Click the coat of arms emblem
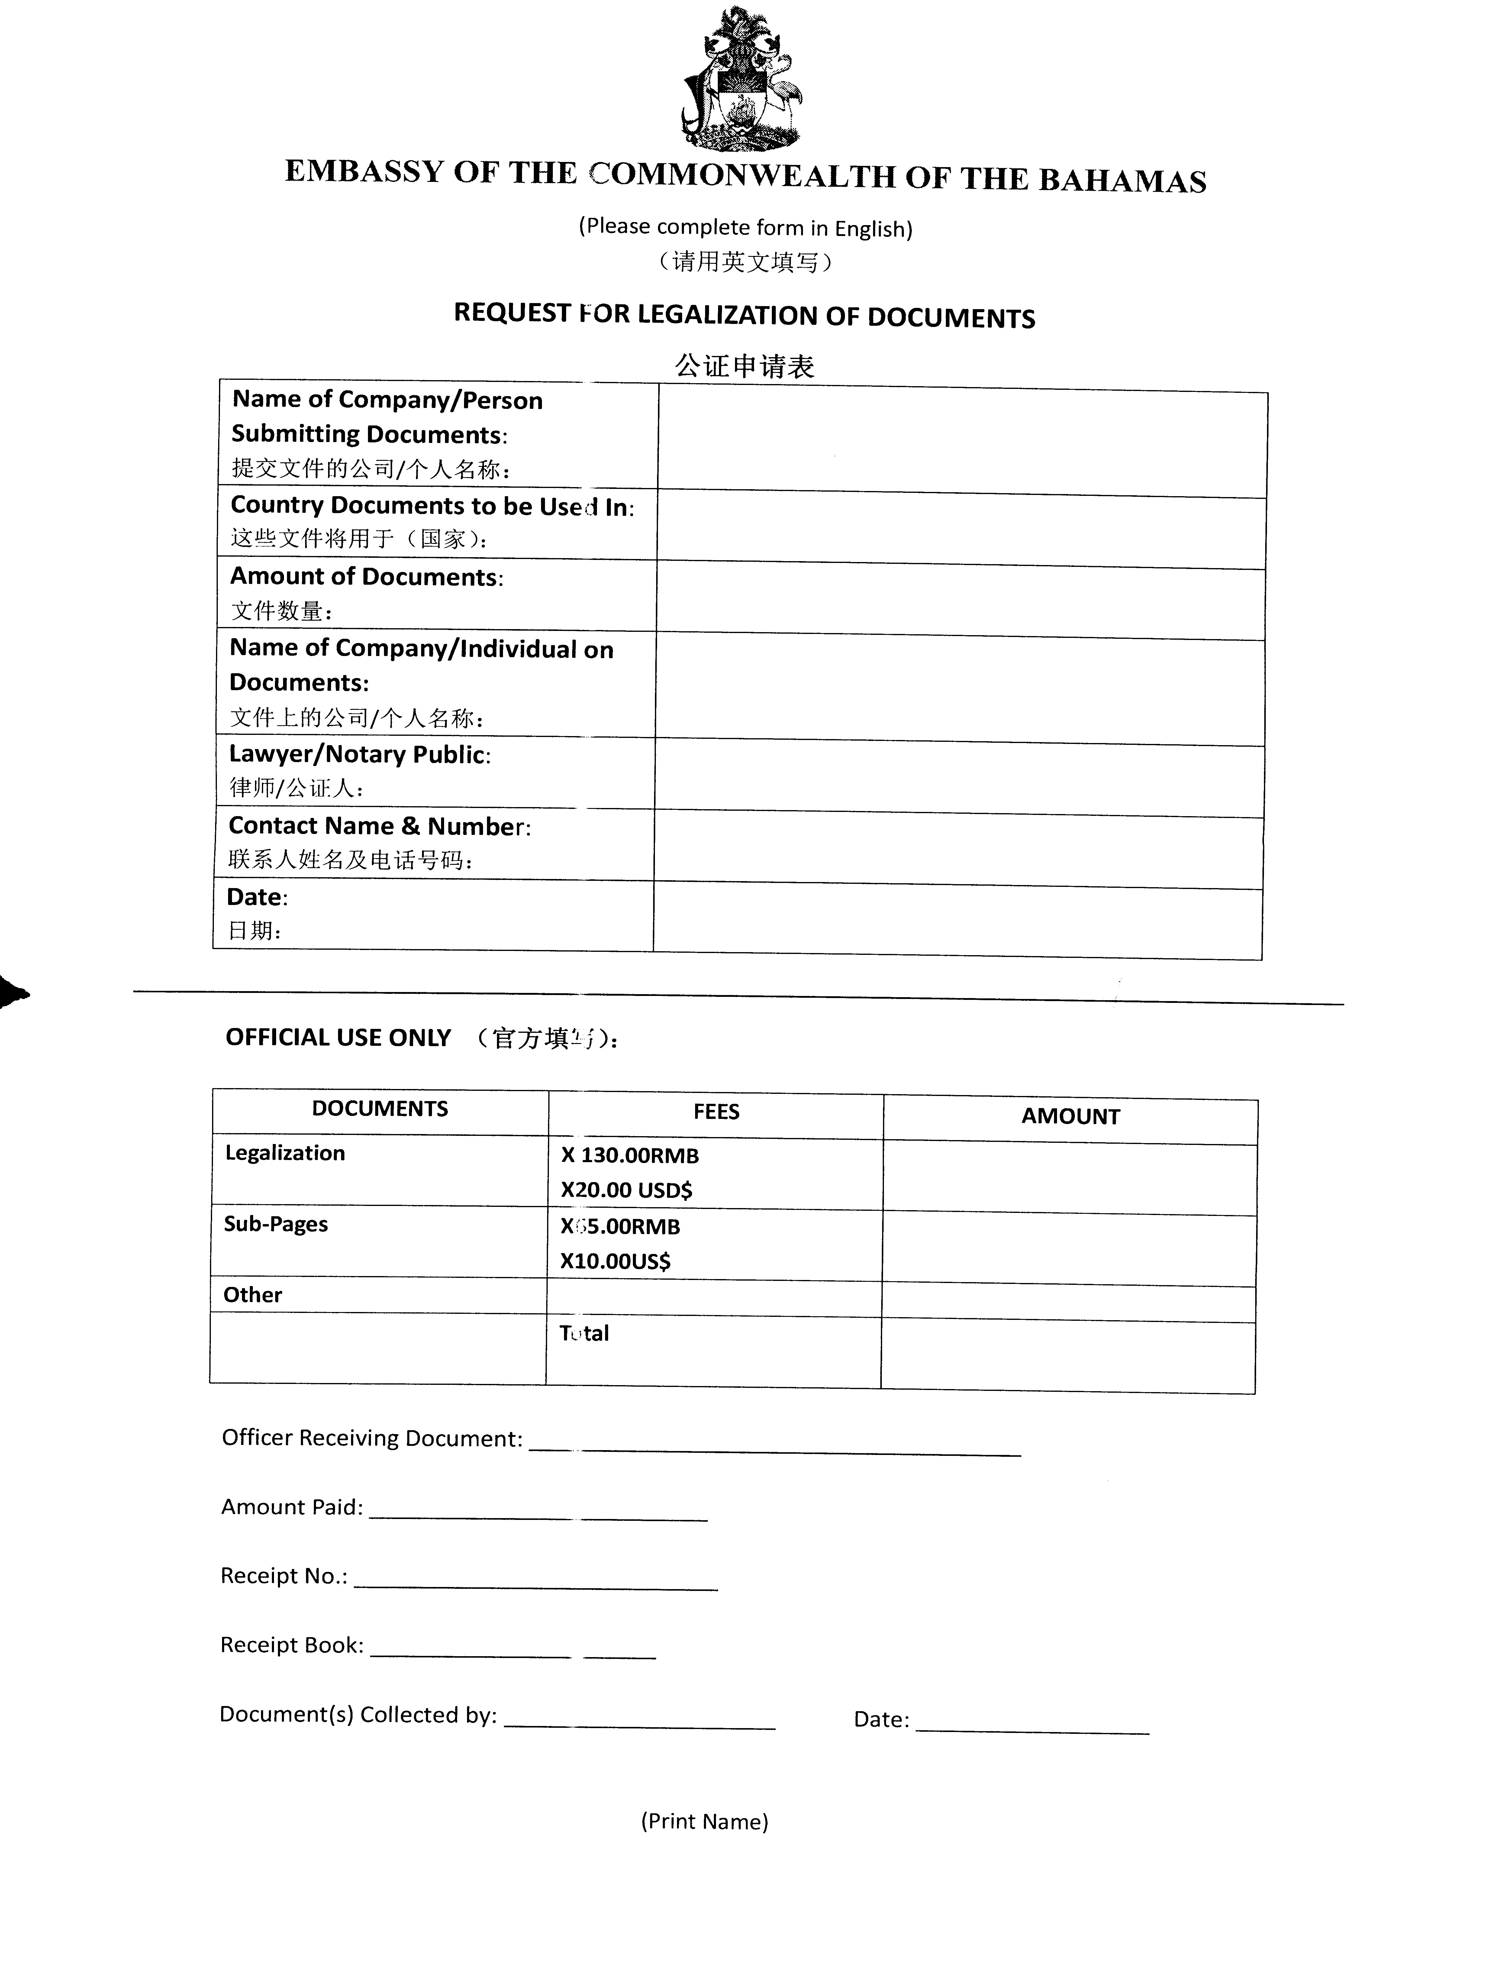743,78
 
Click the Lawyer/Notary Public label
360,754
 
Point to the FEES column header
716,1112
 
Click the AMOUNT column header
1070,1117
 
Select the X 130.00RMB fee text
630,1156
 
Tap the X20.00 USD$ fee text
626,1190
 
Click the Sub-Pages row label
275,1224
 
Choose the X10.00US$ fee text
616,1262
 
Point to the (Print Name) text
704,1821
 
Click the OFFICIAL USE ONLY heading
338,1038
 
